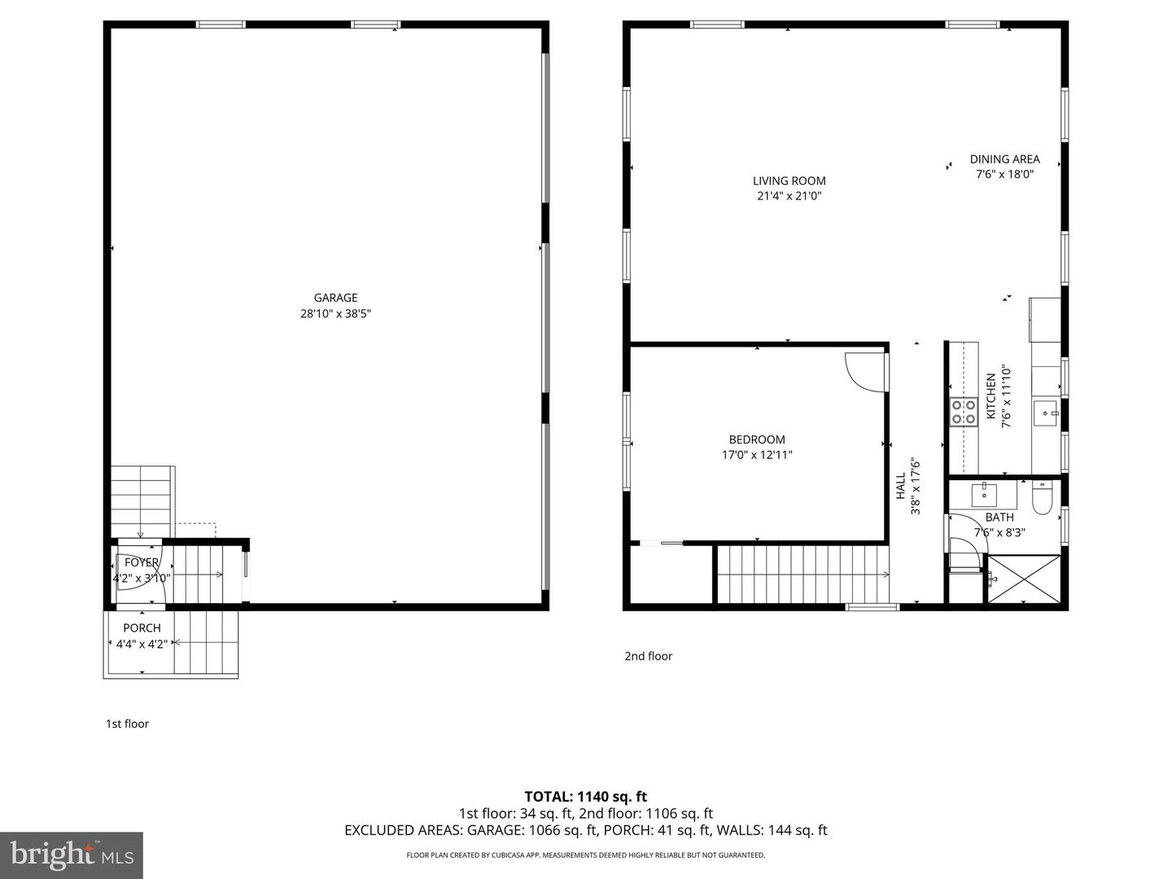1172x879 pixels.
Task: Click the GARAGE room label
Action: [x=335, y=298]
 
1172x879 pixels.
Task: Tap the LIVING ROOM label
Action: [x=789, y=181]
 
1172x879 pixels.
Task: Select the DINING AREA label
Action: [x=1004, y=160]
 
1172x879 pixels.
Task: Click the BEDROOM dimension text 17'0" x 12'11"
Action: [x=757, y=455]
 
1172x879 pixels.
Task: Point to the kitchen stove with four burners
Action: [x=964, y=412]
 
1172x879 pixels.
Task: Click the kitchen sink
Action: [x=1045, y=413]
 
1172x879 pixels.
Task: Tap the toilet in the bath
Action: [x=1043, y=498]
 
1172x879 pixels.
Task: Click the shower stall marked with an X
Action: [x=1024, y=579]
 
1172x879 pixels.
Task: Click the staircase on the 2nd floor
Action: [x=802, y=575]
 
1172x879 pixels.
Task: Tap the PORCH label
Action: [x=142, y=628]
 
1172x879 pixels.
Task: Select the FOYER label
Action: [x=142, y=562]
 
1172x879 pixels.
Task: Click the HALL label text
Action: [x=901, y=486]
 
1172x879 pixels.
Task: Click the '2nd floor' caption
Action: [x=648, y=656]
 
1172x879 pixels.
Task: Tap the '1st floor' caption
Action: [x=127, y=724]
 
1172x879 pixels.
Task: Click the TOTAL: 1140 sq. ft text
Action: [x=585, y=797]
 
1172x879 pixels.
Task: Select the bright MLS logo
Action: [x=72, y=855]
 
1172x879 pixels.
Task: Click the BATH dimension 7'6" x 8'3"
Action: [x=999, y=533]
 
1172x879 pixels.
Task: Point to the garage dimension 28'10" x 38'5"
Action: [x=335, y=313]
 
